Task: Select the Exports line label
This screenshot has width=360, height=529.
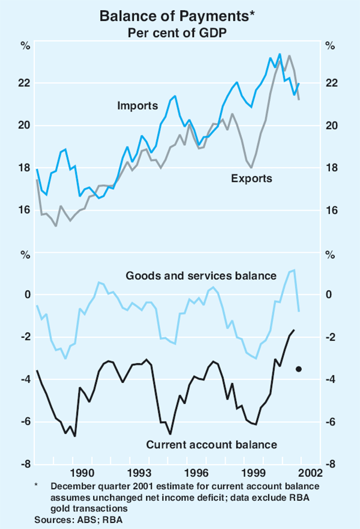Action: pyautogui.click(x=251, y=178)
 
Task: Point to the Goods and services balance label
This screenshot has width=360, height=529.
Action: pyautogui.click(x=200, y=276)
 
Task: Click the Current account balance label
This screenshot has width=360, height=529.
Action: pyautogui.click(x=212, y=445)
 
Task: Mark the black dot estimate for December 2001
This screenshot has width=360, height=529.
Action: pyautogui.click(x=299, y=369)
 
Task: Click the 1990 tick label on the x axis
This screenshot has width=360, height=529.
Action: pyautogui.click(x=80, y=473)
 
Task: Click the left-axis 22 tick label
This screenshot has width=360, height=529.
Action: pyautogui.click(x=25, y=83)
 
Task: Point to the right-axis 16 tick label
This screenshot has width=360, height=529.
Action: pyautogui.click(x=332, y=210)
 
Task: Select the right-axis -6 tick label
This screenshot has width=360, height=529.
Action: pyautogui.click(x=331, y=422)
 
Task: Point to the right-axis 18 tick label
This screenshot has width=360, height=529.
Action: pyautogui.click(x=332, y=168)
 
